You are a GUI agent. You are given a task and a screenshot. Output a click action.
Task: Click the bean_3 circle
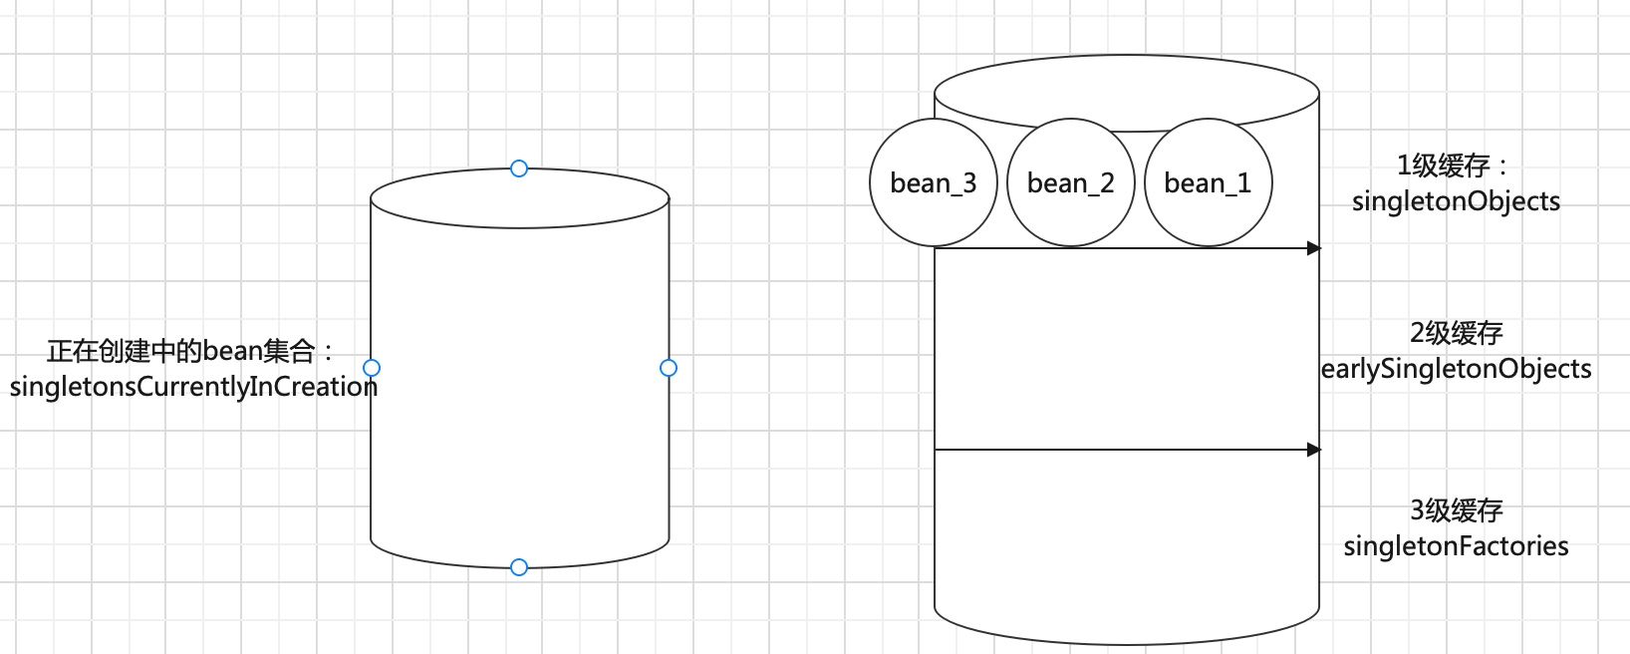(934, 183)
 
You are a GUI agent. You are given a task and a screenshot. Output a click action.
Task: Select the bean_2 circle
(1071, 183)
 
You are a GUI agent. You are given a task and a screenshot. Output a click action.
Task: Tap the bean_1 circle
(1208, 183)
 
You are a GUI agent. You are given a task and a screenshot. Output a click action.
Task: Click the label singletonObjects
(1456, 201)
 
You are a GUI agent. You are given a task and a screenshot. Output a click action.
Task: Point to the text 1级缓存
(1444, 165)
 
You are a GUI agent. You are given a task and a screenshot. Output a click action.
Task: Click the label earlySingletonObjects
(1456, 369)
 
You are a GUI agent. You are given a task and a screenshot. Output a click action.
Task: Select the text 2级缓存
(1456, 333)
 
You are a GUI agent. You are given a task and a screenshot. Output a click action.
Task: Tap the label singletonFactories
(1456, 546)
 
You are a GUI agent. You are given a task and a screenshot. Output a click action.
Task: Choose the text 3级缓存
(1456, 510)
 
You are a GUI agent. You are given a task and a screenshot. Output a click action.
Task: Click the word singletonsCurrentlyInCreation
(193, 387)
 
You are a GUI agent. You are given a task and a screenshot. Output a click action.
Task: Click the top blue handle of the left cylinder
(519, 168)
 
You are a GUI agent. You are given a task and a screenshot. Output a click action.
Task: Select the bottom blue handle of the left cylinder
(519, 567)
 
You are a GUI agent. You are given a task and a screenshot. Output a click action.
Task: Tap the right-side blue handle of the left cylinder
(669, 368)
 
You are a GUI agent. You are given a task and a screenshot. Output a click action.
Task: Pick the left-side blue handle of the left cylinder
(372, 368)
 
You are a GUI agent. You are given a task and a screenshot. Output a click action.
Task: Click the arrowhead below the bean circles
(1314, 248)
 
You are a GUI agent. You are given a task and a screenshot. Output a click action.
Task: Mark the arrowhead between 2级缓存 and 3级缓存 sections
(1314, 450)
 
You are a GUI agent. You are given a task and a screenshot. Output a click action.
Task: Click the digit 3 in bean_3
(969, 183)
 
